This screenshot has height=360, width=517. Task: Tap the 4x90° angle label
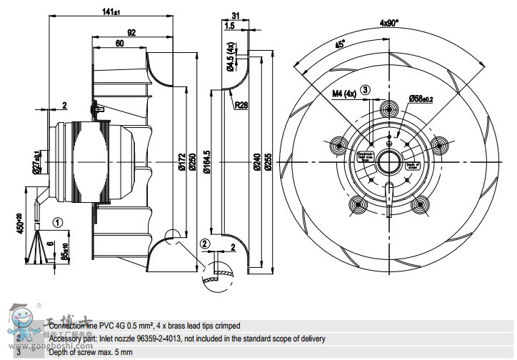(x=390, y=21)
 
